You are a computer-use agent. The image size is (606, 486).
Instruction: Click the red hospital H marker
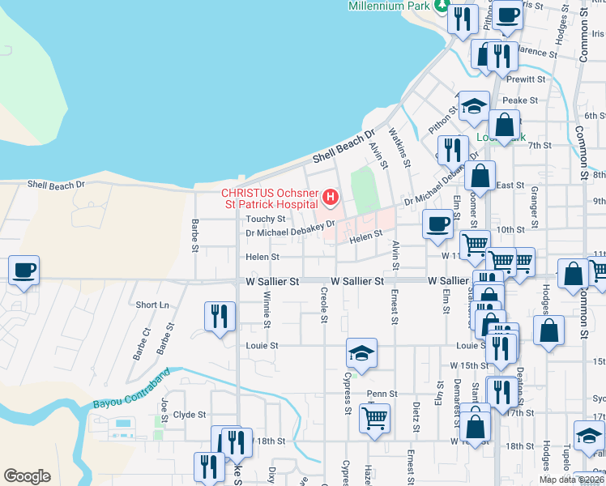click(x=330, y=197)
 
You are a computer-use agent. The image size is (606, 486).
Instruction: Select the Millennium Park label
click(x=387, y=6)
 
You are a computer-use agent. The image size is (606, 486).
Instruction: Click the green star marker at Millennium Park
click(x=442, y=6)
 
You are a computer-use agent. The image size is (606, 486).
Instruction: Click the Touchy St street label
click(x=266, y=219)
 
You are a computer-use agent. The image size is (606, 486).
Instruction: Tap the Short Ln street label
click(x=152, y=305)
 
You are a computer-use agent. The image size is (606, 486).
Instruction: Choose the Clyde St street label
click(x=190, y=414)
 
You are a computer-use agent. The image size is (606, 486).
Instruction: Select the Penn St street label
click(x=382, y=394)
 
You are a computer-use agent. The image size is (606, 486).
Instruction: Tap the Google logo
click(x=27, y=475)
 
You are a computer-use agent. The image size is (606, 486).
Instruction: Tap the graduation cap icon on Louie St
click(x=361, y=353)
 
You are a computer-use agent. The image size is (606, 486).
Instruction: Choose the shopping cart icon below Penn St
click(x=375, y=418)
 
